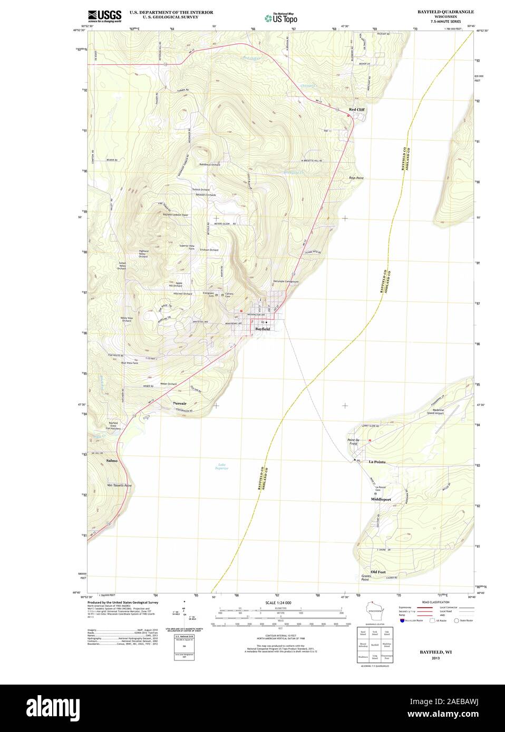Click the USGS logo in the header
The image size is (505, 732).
[x=105, y=16]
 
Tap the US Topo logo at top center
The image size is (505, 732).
[x=280, y=17]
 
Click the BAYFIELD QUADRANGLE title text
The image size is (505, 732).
[x=445, y=11]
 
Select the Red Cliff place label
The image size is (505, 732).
[x=356, y=110]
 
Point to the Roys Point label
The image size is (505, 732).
[x=356, y=178]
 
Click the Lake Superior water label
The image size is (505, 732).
[x=222, y=466]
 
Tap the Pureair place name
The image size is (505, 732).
[x=180, y=403]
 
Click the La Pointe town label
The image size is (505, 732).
[x=377, y=462]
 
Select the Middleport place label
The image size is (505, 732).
[x=381, y=499]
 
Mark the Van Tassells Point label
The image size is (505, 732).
[x=119, y=485]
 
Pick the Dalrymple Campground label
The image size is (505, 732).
[x=286, y=282]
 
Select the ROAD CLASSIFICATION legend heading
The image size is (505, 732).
[x=435, y=601]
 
